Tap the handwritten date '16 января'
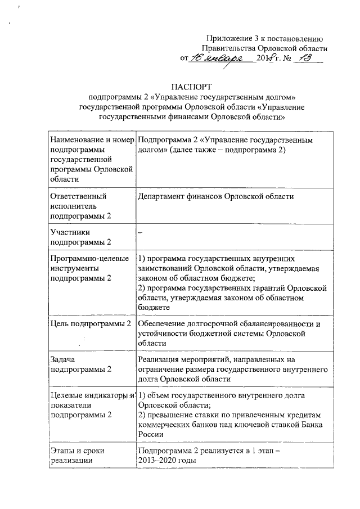(216, 58)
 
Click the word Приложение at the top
(229, 39)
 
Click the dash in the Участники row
(139, 232)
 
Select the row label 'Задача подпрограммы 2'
(80, 364)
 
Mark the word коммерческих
(163, 424)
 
